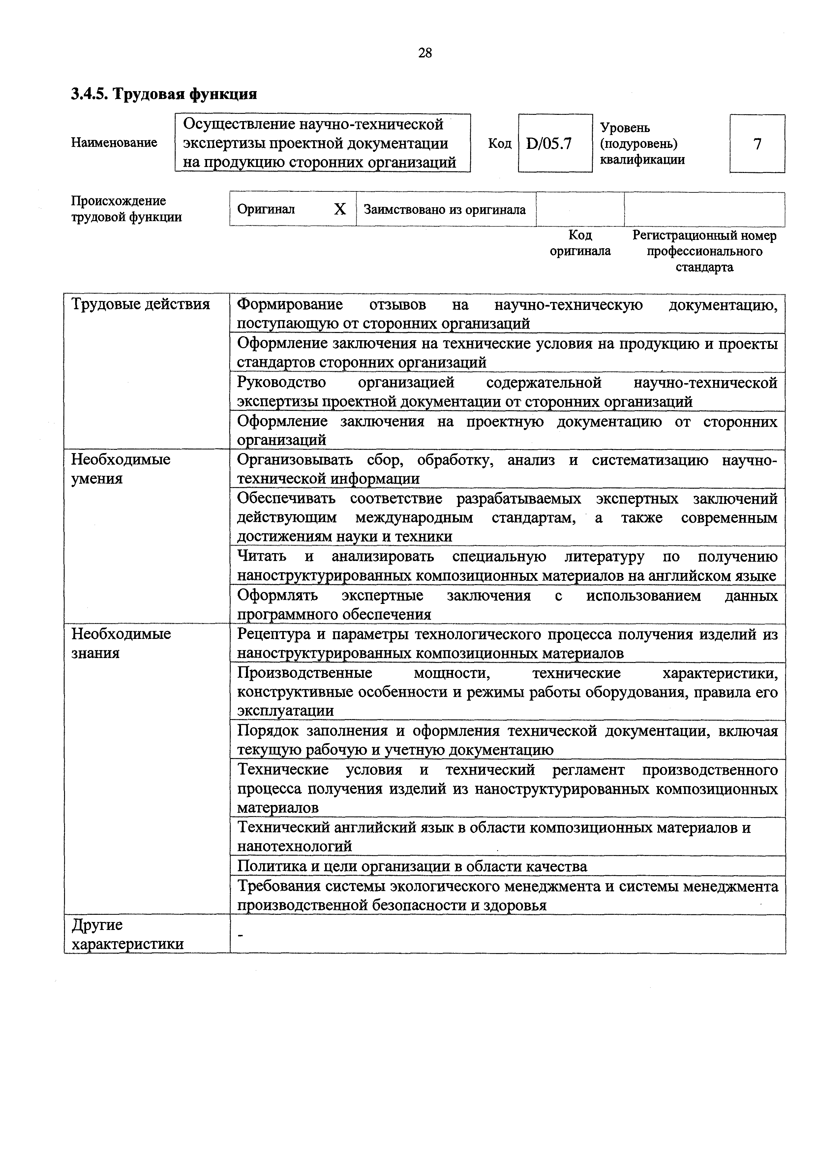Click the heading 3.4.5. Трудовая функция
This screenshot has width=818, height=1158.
(164, 94)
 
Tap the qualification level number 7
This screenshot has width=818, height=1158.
(757, 144)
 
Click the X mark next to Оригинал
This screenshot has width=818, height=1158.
(340, 209)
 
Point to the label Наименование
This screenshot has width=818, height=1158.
(114, 143)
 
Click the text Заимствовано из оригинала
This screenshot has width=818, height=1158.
(444, 209)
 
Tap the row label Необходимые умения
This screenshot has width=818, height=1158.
(121, 469)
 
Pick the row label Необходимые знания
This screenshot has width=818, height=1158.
(121, 643)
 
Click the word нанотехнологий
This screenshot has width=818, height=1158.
(294, 846)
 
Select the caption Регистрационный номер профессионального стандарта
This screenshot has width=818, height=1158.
(704, 251)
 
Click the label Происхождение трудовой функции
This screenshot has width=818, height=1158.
(126, 209)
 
